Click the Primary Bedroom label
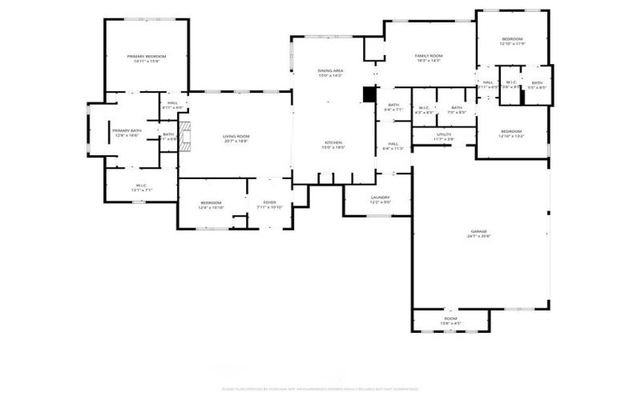click(147, 56)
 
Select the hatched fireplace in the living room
click(185, 137)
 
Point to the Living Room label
click(236, 136)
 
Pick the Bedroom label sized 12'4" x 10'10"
click(211, 202)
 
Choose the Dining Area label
click(331, 71)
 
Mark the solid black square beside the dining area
click(369, 94)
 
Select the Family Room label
click(428, 56)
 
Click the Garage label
click(478, 232)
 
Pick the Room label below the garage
click(450, 319)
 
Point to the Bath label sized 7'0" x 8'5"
click(456, 108)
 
